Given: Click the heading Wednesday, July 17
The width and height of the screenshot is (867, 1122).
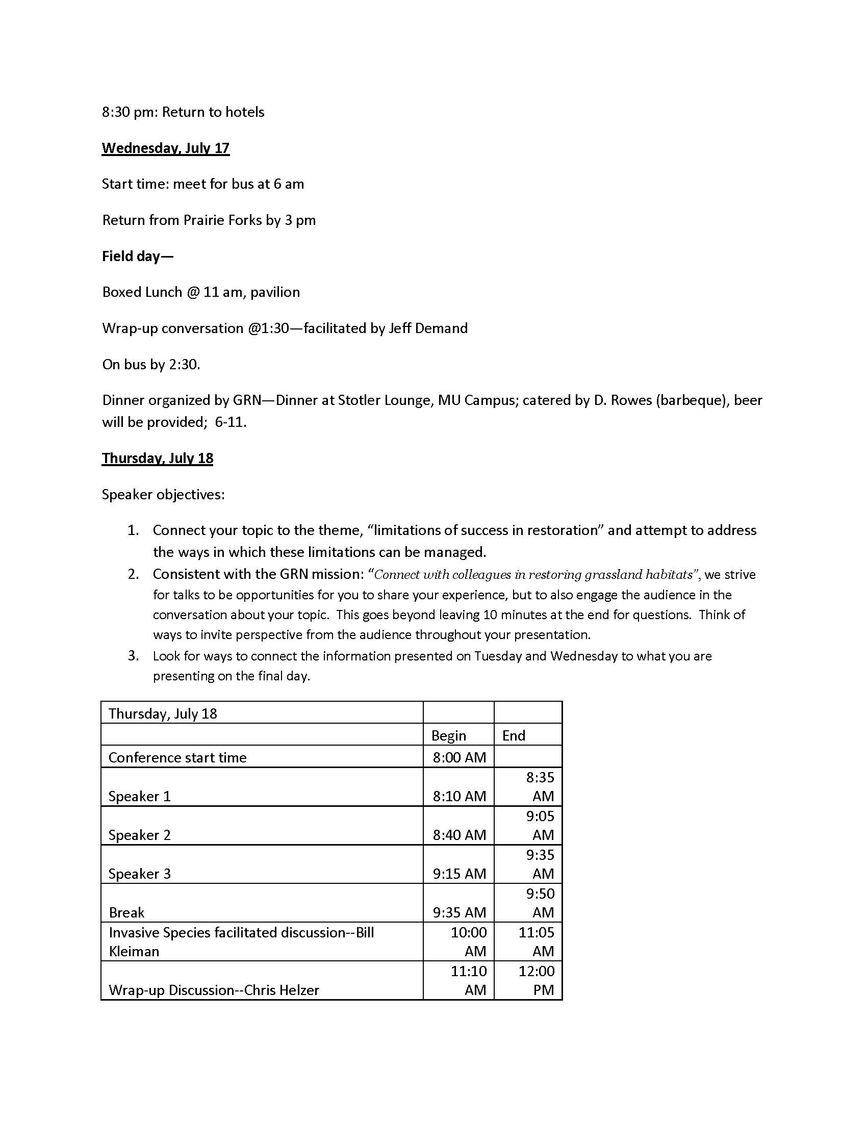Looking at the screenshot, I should click(165, 148).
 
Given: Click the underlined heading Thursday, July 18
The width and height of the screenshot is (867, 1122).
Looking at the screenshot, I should click(157, 458).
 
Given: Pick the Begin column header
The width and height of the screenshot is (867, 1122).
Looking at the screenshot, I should click(448, 735).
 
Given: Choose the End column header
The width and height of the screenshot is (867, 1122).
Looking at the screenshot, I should click(514, 735).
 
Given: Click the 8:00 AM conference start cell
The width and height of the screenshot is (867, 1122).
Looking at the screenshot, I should click(459, 758).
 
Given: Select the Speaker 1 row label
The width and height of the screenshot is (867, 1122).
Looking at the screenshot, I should click(139, 796).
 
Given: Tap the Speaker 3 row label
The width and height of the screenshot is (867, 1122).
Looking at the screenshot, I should click(139, 874).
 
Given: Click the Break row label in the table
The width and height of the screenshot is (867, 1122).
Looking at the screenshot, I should click(126, 912).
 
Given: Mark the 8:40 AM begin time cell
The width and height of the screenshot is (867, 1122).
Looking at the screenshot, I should click(459, 835).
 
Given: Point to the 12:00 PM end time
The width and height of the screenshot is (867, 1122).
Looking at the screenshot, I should click(536, 980).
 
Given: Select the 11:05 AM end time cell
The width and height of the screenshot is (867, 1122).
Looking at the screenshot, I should click(536, 941).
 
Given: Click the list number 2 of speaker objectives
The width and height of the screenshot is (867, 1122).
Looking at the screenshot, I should click(134, 574).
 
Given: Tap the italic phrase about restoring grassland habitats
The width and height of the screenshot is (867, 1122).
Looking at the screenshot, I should click(533, 574).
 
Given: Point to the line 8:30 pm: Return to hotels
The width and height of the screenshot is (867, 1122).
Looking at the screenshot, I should click(183, 112).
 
